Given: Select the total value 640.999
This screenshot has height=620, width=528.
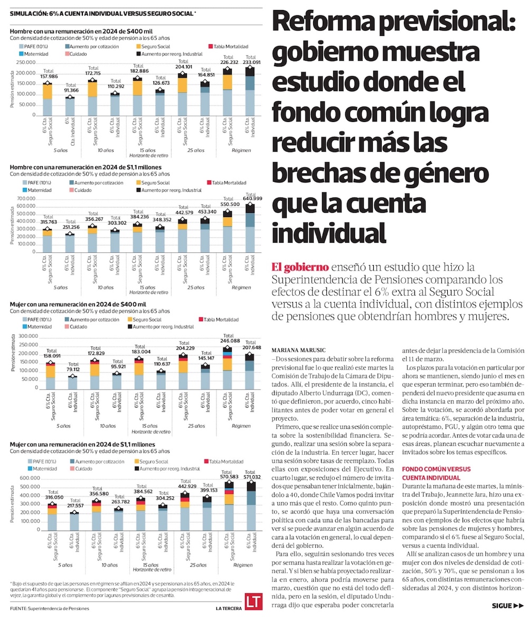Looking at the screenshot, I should (x=251, y=198).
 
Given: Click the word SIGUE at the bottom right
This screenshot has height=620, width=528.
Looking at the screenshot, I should (x=501, y=606).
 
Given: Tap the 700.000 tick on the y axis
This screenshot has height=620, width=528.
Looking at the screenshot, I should (x=25, y=199).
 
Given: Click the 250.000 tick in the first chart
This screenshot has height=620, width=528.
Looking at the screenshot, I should (x=25, y=62).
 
